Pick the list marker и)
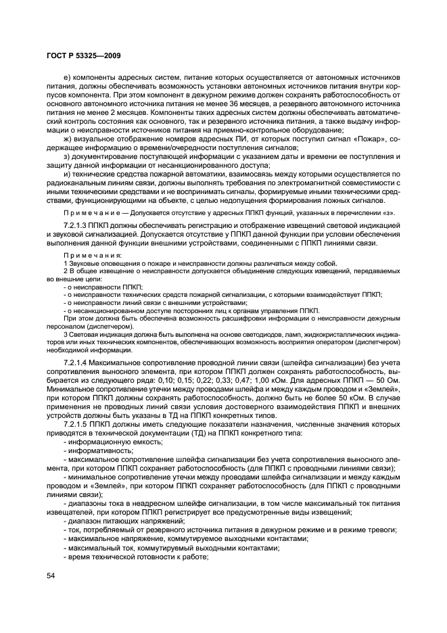point(66,174)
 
